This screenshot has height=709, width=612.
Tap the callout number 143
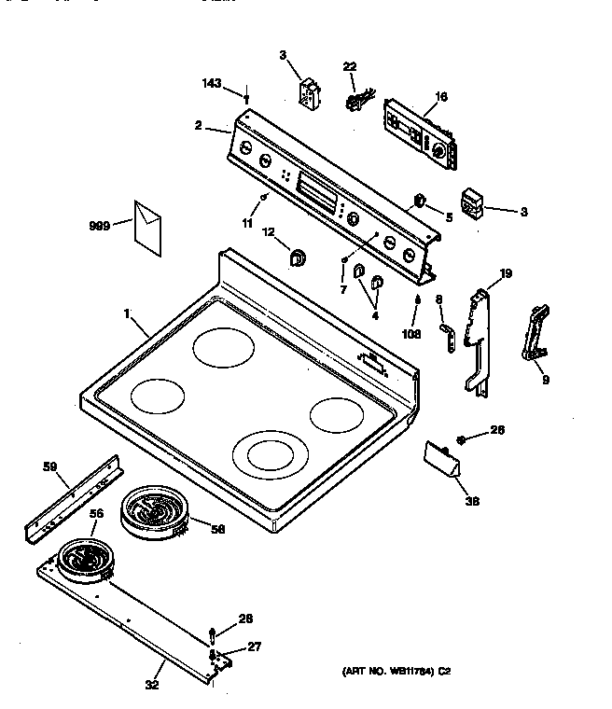coord(212,84)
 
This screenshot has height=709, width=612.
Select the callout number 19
coord(506,273)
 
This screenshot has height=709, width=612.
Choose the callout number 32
coord(152,685)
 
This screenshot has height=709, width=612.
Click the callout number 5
coord(449,217)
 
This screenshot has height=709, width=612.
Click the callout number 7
coord(342,290)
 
